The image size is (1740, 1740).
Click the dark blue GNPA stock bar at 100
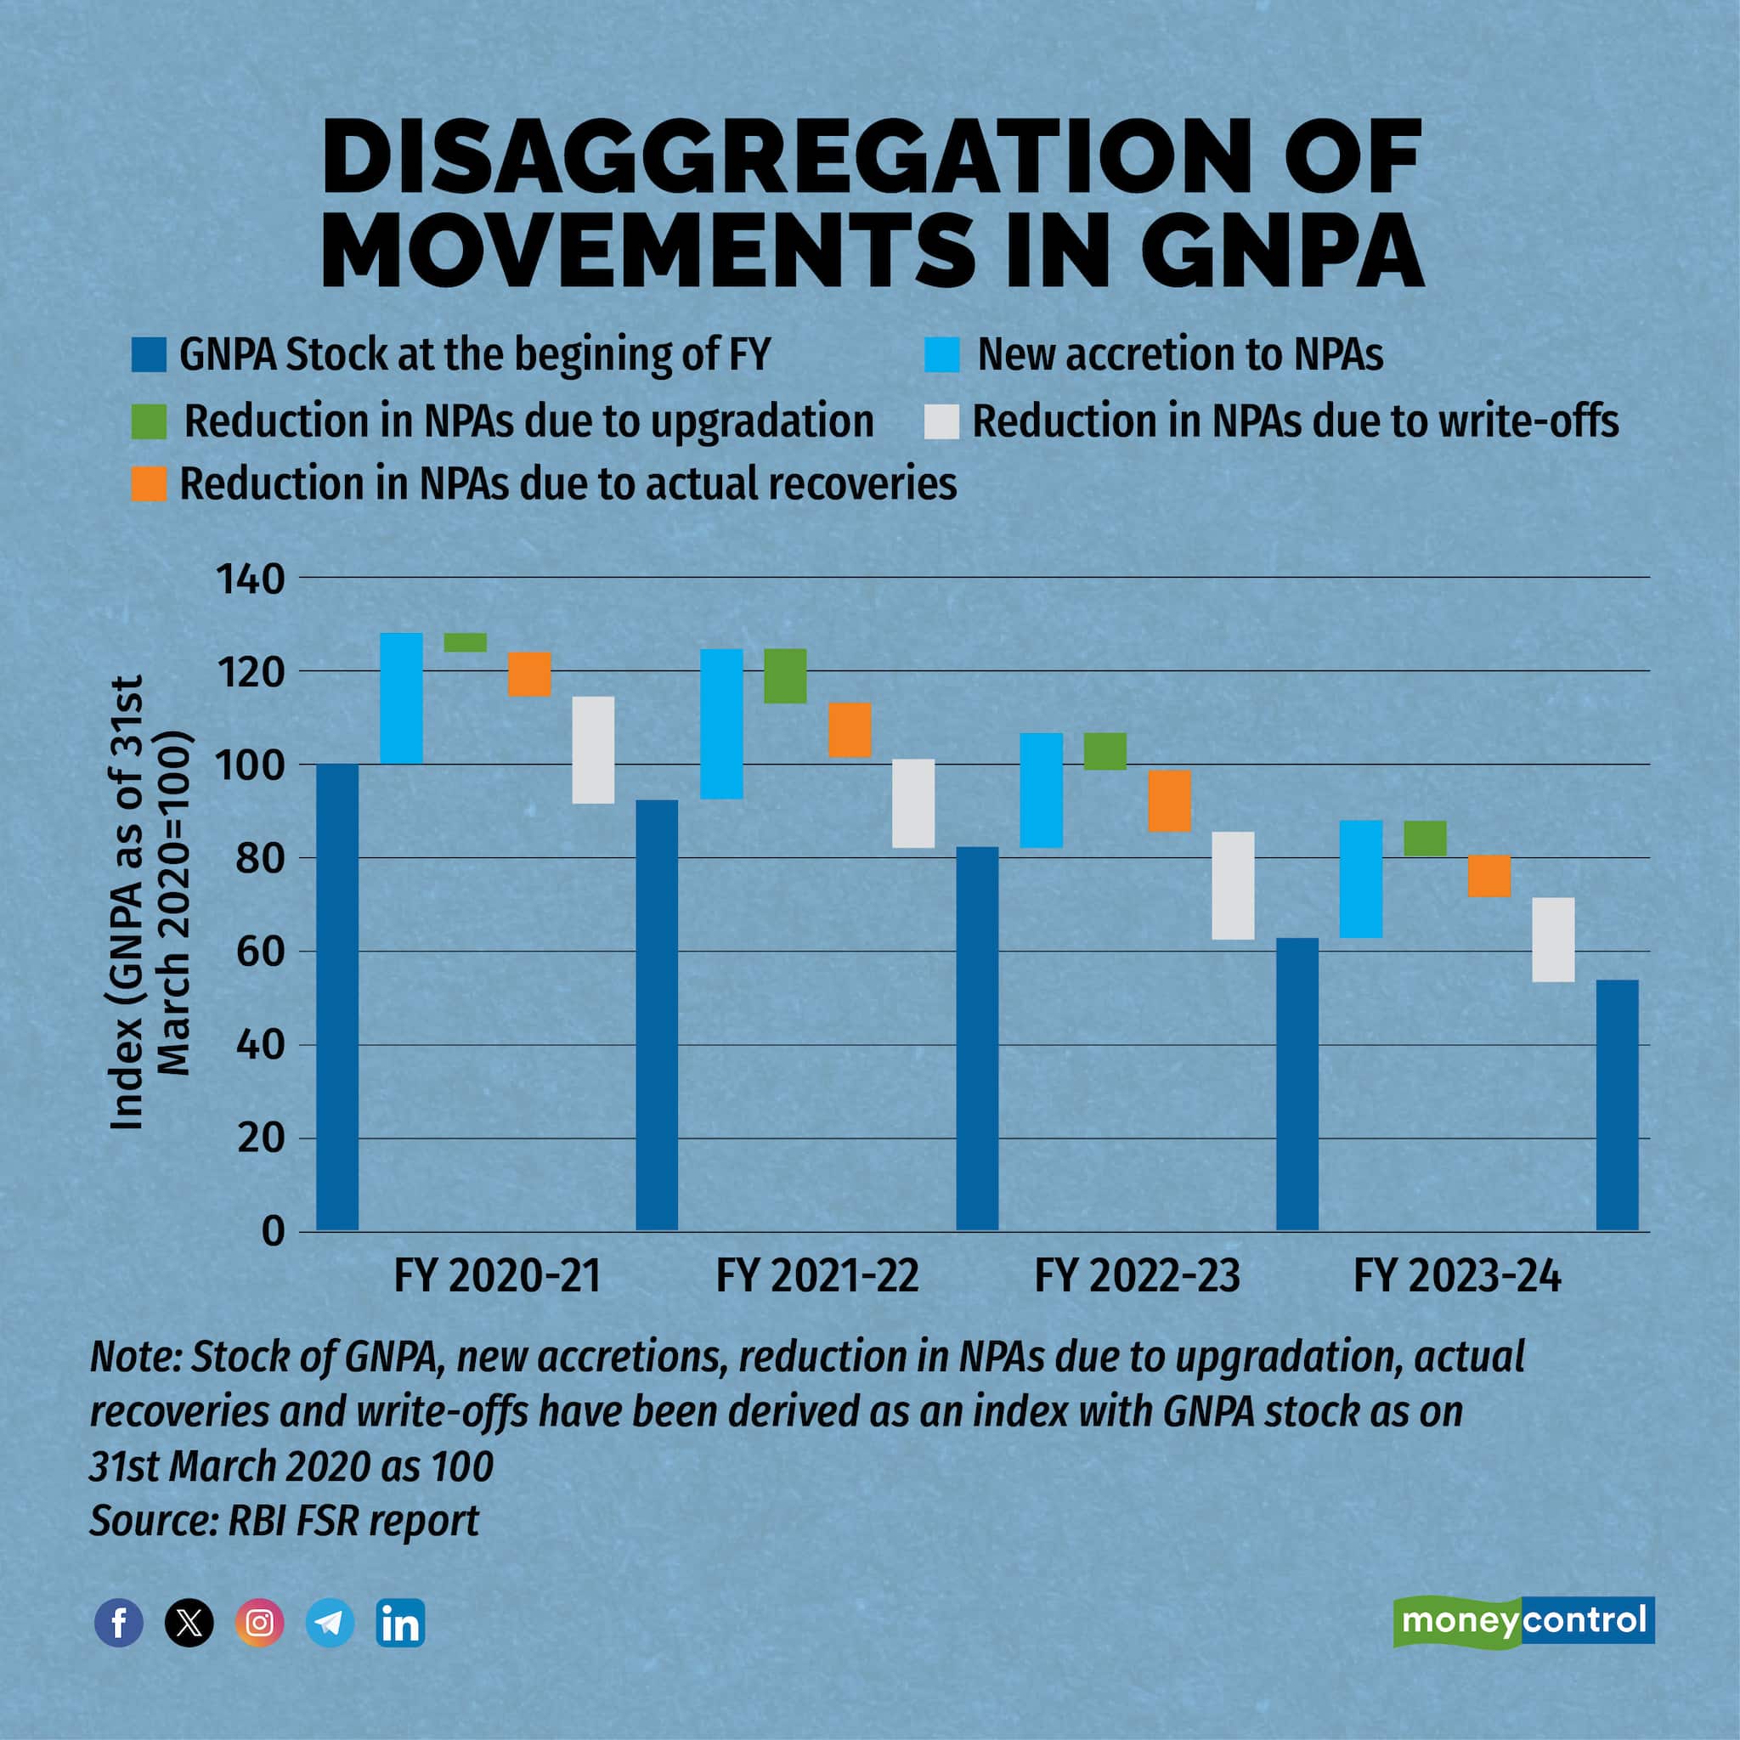coord(338,997)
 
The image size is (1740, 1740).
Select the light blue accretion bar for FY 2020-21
coord(401,698)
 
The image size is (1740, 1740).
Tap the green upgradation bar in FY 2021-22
coord(785,675)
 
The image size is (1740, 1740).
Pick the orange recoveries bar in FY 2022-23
coord(1169,800)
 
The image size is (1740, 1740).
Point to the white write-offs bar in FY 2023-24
coord(1554,940)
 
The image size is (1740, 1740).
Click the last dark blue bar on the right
coord(1617,1105)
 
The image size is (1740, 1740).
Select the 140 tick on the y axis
coord(250,579)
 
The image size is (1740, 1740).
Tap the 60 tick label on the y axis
coord(260,952)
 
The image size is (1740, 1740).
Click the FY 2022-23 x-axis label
coord(1137,1276)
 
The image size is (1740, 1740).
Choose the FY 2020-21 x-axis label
coord(497,1276)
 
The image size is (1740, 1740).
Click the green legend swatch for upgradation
coord(149,421)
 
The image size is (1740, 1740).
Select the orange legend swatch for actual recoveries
coord(149,483)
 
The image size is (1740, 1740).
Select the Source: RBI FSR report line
coord(284,1521)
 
